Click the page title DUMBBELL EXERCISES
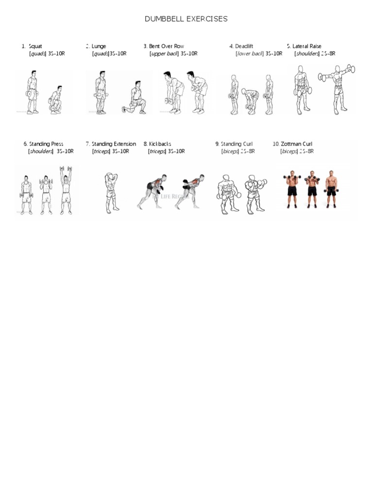coord(186,19)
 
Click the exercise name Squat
coord(35,47)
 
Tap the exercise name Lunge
coord(99,47)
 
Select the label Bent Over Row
coord(167,47)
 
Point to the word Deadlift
coord(244,47)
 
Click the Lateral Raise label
coord(306,47)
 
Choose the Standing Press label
coord(46,144)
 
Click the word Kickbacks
coord(160,144)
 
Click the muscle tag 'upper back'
coord(165,54)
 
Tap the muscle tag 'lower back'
coord(250,54)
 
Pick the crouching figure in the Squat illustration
coord(56,101)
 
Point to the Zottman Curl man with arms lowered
coord(331,189)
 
